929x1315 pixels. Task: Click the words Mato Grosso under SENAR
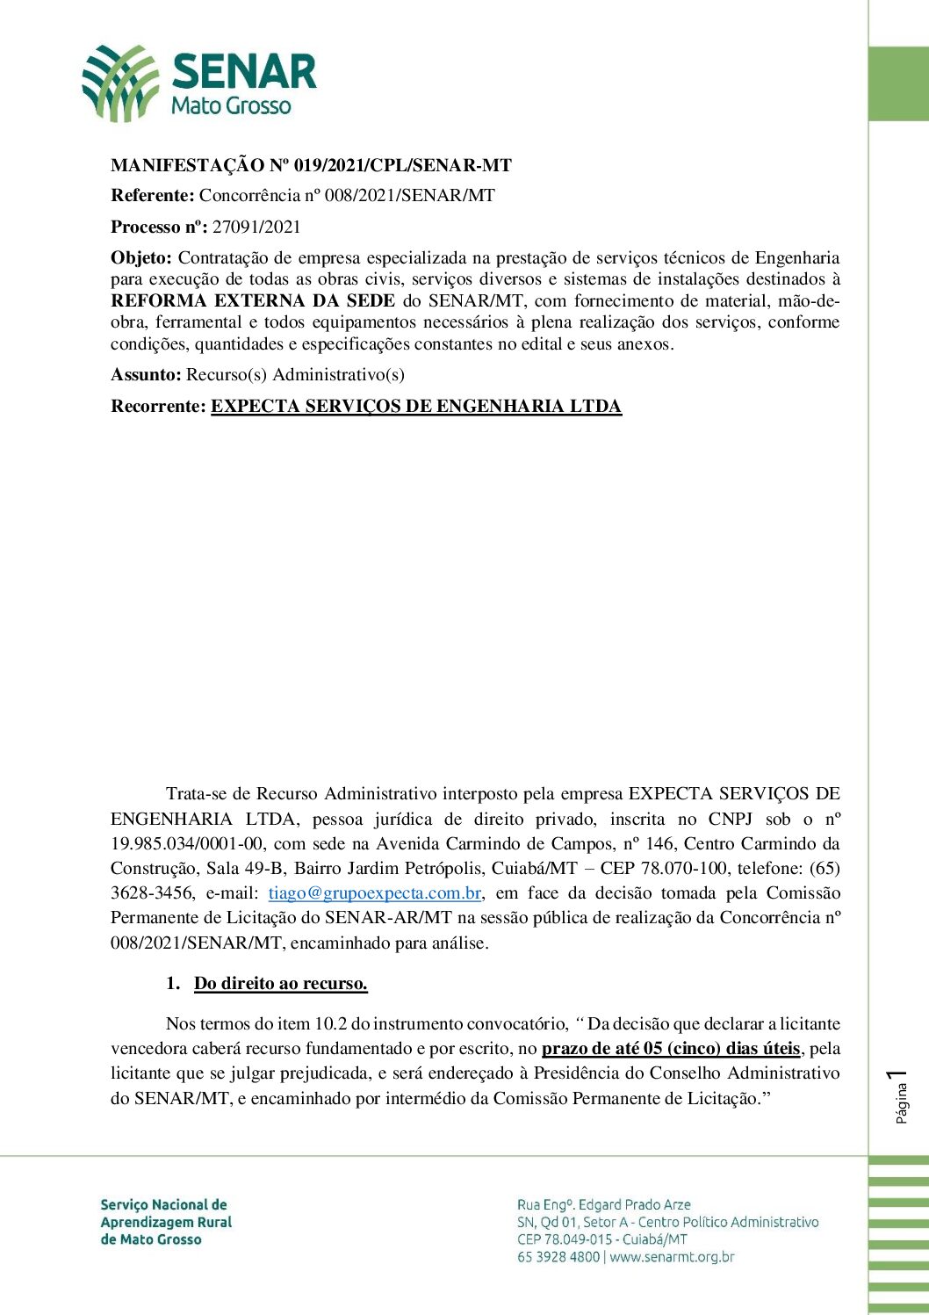(x=230, y=106)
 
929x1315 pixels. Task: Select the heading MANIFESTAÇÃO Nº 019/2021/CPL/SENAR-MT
(x=311, y=165)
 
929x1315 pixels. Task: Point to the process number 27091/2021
(x=256, y=227)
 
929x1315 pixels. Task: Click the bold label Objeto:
(x=141, y=257)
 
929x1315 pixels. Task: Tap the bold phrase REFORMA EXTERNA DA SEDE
(x=253, y=300)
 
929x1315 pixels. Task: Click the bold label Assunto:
(x=146, y=375)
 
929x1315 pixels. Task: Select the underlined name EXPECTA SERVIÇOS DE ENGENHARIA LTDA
(x=416, y=406)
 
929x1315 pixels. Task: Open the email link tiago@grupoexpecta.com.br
(x=375, y=893)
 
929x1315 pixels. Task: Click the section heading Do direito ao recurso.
(x=280, y=984)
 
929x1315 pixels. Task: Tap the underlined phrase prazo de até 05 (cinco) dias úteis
(x=671, y=1048)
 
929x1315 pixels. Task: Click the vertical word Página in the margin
(x=901, y=1103)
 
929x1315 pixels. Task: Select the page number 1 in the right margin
(x=897, y=1075)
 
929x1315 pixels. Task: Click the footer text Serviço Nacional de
(x=164, y=1204)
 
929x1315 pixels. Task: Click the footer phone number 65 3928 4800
(x=558, y=1257)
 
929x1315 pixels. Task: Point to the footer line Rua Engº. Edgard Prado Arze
(x=604, y=1204)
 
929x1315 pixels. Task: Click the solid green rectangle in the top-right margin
(x=898, y=83)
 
